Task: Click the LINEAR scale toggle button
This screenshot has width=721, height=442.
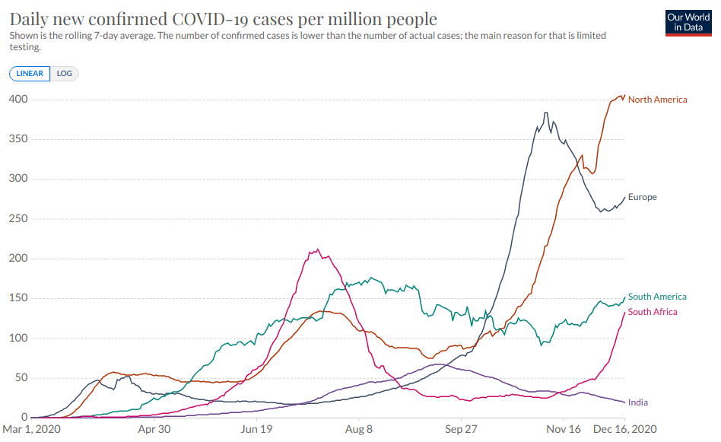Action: pos(30,74)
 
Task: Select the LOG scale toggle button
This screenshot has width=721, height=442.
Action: pos(65,74)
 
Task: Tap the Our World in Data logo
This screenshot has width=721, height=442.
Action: pos(688,23)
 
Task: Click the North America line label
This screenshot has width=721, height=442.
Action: pos(657,100)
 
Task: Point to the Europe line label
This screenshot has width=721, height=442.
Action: pos(642,197)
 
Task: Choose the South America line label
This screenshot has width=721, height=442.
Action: pos(657,297)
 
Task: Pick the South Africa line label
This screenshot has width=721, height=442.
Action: pos(653,312)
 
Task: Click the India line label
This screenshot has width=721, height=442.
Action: pos(638,402)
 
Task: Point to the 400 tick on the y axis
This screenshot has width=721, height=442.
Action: pos(18,100)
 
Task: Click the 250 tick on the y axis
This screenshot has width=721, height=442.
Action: pos(18,219)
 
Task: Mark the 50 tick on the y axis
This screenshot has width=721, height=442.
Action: pos(21,378)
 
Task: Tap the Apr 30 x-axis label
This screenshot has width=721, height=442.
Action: pos(154,430)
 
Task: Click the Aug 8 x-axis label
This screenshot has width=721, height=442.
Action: pos(358,430)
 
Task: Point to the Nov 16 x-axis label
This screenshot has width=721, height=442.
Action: pos(564,430)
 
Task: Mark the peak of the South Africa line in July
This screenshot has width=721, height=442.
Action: pos(317,250)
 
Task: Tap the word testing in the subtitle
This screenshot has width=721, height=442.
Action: pos(25,47)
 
